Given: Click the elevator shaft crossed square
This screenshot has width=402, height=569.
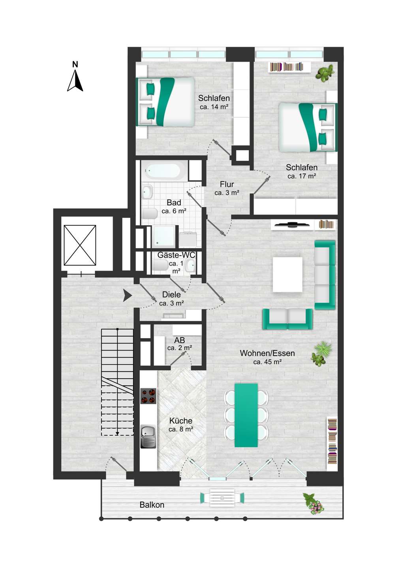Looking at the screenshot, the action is [x=80, y=245].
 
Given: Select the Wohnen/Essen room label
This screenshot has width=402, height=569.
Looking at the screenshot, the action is [x=267, y=353].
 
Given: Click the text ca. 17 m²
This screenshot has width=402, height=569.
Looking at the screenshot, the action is [x=302, y=176].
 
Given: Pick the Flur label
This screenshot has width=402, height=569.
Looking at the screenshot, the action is [x=227, y=184].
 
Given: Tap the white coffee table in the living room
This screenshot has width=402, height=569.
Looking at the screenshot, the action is [x=287, y=274].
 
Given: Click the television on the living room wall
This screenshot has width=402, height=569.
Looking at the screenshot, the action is [x=292, y=224].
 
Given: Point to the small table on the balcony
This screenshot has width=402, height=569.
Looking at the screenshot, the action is [x=222, y=497].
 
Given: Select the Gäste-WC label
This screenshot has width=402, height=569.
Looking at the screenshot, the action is [x=176, y=255].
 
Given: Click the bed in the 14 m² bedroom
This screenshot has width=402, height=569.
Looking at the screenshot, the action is [x=165, y=102].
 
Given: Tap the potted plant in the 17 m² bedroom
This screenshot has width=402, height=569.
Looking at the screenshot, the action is [x=325, y=73].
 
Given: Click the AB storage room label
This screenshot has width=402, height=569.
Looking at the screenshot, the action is [x=179, y=340].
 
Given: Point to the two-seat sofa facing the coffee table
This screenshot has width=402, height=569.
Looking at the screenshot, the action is [x=287, y=319].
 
